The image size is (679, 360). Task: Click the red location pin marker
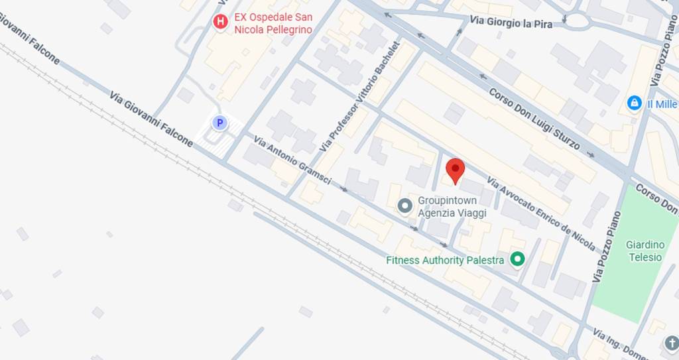click(x=455, y=170)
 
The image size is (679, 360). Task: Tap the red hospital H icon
click(x=220, y=23)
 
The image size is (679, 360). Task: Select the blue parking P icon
click(x=219, y=123)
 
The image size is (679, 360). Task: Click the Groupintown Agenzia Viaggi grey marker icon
click(x=404, y=206)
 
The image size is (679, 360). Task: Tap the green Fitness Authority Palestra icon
click(x=517, y=259)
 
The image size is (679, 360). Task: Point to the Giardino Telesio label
click(x=645, y=251)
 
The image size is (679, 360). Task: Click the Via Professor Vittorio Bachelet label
click(x=360, y=97)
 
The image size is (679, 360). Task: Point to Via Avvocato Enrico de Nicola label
click(x=540, y=213)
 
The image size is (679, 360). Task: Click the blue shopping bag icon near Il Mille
click(x=635, y=103)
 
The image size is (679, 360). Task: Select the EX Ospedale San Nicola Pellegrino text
click(x=273, y=23)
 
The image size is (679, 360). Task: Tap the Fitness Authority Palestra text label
click(x=445, y=260)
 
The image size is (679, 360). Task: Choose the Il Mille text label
click(x=662, y=104)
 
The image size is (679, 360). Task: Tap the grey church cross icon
click(x=671, y=343)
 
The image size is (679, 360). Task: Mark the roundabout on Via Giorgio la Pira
click(x=578, y=21)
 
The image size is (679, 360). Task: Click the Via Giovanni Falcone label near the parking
click(x=151, y=119)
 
